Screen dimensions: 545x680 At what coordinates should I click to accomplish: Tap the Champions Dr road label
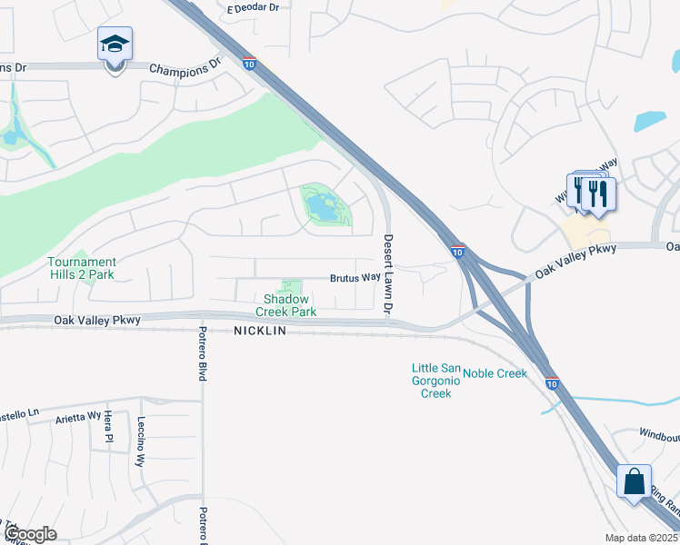coord(185,67)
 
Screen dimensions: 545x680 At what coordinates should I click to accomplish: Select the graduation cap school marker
coord(115,46)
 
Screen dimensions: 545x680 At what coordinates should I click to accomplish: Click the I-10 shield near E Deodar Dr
coord(249,64)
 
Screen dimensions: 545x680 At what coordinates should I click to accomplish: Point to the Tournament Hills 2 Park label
coord(81,268)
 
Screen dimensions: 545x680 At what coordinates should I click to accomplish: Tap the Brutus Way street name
coord(355,278)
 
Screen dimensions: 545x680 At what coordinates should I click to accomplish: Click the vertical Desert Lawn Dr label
coord(388,274)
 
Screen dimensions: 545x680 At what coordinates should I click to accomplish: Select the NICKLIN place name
coord(259,332)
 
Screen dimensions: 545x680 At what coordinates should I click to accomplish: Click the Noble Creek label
coord(495,373)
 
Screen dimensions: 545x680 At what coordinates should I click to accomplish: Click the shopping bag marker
coord(634,482)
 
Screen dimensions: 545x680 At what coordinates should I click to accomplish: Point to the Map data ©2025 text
coord(642,538)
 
